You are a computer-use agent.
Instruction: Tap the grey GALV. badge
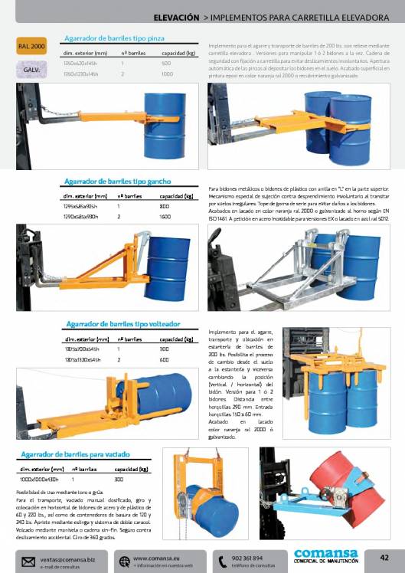point(32,70)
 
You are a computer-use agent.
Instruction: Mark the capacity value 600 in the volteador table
point(165,359)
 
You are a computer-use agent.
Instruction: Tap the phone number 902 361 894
point(247,558)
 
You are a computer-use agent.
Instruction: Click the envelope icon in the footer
point(28,562)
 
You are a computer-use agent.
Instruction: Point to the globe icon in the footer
point(123,562)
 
